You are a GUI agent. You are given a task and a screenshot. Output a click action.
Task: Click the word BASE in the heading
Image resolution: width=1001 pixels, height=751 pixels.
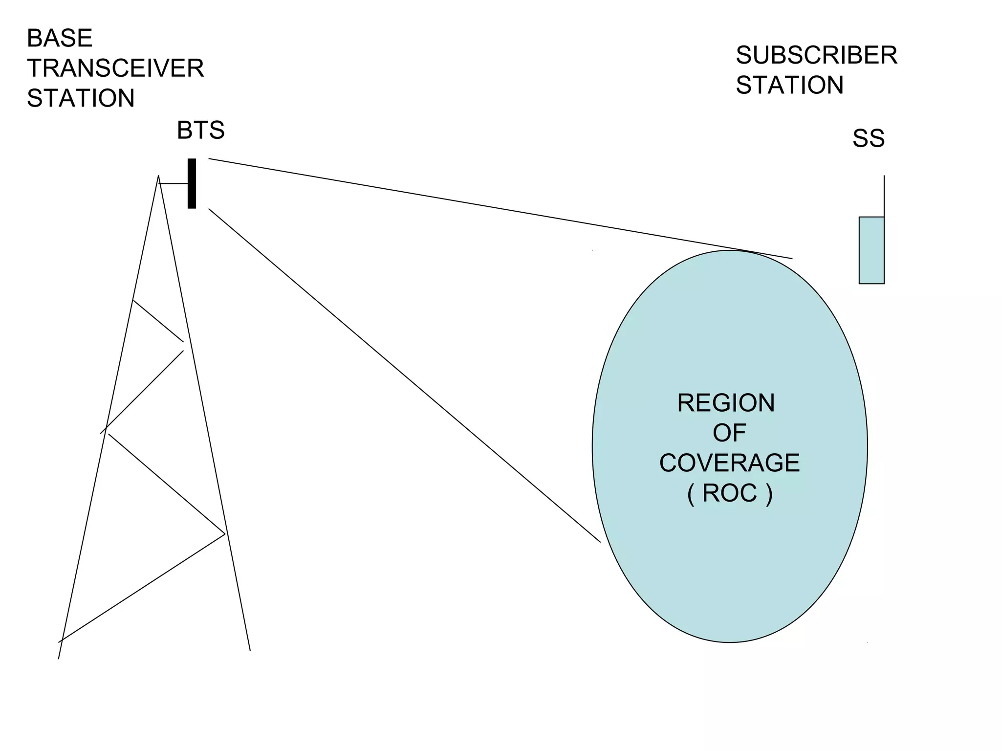coord(59,38)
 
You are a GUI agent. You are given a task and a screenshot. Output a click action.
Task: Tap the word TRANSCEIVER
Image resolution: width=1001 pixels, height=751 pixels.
coord(115,68)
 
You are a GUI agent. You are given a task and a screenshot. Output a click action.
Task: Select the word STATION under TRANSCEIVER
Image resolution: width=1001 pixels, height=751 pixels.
coord(81,98)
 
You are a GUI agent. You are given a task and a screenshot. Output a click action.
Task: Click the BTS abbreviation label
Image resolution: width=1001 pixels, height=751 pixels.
coord(200,130)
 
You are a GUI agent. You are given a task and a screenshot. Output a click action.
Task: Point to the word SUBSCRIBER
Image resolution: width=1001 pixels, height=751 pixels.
coord(816,55)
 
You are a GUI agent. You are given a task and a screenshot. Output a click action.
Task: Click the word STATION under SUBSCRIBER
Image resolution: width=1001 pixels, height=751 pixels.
coord(789,85)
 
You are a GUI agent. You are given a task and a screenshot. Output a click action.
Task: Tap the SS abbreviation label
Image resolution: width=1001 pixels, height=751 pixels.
coord(868,138)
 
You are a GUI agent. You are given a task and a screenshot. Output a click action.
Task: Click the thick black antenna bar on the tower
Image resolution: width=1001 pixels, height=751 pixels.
coord(192,183)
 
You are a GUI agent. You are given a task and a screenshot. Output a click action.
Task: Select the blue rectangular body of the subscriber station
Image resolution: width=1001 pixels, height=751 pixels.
coord(871,250)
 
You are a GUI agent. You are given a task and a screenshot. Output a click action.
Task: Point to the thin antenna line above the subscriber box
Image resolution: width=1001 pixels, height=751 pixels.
coord(884,196)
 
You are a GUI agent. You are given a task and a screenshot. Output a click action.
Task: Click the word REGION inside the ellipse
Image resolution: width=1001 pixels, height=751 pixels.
coord(726,403)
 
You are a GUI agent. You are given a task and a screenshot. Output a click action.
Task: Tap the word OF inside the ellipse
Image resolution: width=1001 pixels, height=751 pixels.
coord(729,433)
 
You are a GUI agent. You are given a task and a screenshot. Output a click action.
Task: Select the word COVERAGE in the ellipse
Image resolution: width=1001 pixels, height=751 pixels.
coord(729,463)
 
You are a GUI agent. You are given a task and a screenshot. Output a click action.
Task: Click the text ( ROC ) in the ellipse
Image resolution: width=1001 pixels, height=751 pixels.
coord(729,493)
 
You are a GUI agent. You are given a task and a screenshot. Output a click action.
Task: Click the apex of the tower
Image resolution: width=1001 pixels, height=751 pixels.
coord(158,176)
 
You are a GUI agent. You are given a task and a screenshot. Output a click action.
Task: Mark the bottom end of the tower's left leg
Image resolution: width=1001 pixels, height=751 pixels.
coord(59,658)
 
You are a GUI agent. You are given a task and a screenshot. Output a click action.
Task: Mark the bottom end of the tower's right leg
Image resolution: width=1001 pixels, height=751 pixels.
coord(250,650)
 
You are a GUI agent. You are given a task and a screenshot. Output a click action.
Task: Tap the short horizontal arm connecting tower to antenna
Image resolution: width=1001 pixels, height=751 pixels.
coord(174,183)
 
